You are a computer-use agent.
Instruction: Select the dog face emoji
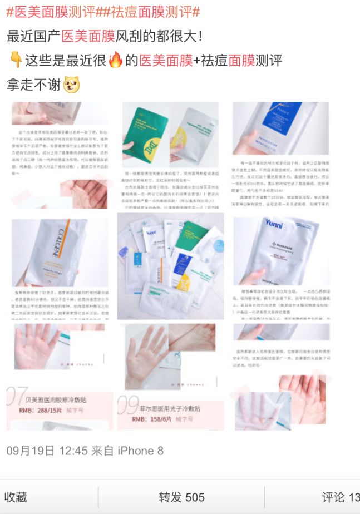pyautogui.click(x=72, y=85)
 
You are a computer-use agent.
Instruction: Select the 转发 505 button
pyautogui.click(x=181, y=497)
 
